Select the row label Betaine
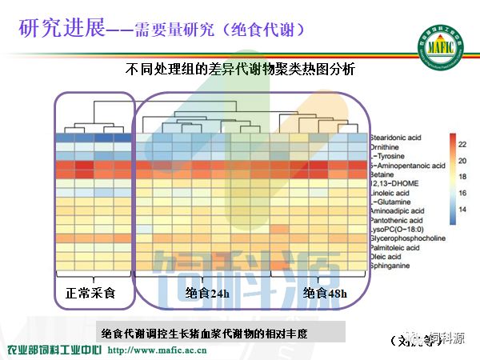(x=383, y=175)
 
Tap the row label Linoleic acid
(x=390, y=194)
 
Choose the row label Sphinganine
(x=390, y=266)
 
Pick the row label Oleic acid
(x=386, y=257)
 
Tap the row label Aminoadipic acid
(x=398, y=211)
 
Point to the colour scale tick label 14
(x=462, y=210)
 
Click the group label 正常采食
(x=90, y=293)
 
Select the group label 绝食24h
(x=206, y=293)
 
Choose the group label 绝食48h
(x=325, y=293)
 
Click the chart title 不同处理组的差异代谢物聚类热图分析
(x=240, y=70)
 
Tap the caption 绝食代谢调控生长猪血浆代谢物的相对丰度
(x=205, y=333)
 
